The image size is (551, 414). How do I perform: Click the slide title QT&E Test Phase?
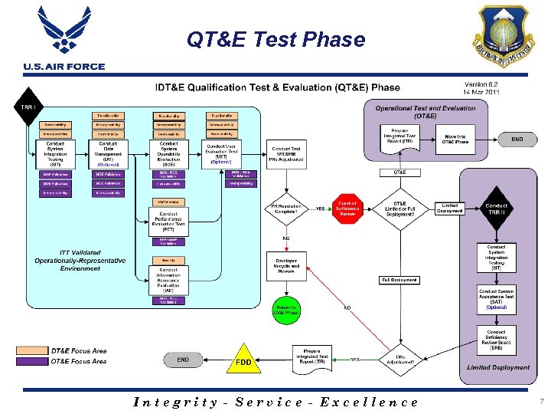[x=275, y=39]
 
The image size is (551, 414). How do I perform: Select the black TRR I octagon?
[x=28, y=107]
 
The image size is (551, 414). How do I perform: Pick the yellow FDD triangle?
[x=244, y=360]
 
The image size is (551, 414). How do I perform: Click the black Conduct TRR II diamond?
[x=496, y=209]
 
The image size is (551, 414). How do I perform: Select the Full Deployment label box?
[x=399, y=280]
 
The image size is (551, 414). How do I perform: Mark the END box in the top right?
[x=517, y=140]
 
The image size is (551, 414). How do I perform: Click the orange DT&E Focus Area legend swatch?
[x=32, y=351]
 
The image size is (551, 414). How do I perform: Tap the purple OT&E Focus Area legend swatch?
[x=32, y=361]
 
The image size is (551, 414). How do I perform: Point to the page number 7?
[x=540, y=401]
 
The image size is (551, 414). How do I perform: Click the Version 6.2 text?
[x=482, y=84]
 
